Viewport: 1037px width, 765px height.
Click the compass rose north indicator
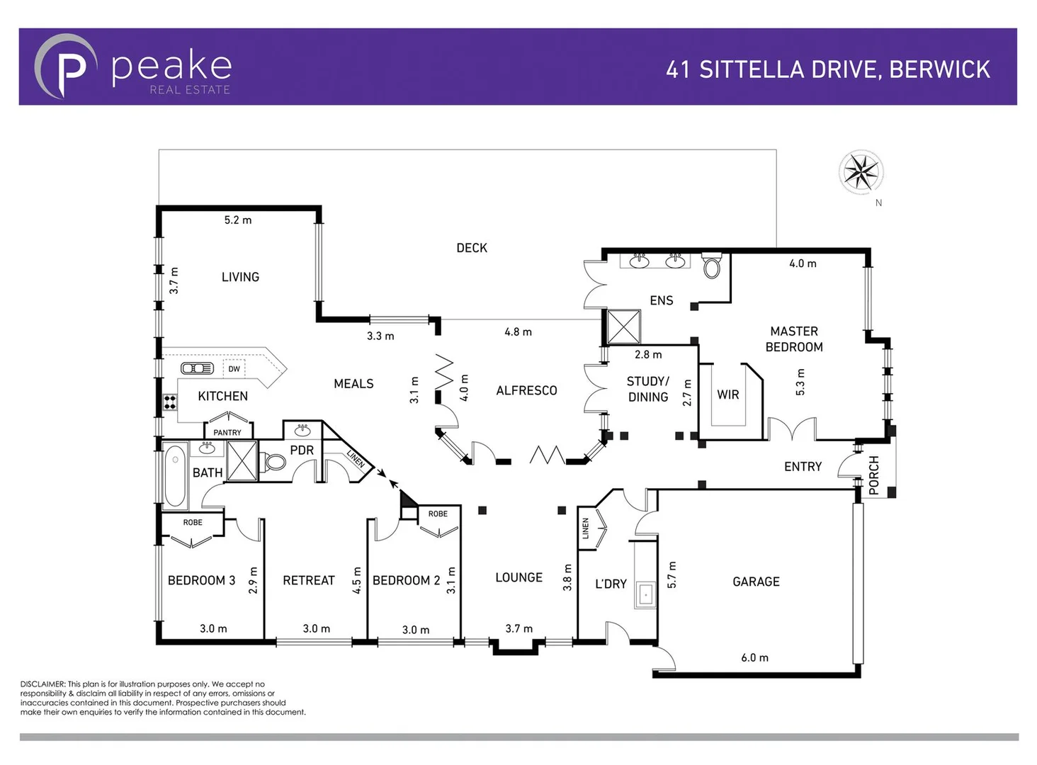click(x=861, y=172)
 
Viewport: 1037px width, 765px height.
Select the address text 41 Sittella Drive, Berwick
click(x=827, y=69)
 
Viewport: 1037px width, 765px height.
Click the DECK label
click(x=472, y=248)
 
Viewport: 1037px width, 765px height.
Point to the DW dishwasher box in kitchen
click(x=234, y=368)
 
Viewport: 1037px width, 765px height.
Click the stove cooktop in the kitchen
click(x=170, y=402)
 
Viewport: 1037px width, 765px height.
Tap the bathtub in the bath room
click(x=174, y=475)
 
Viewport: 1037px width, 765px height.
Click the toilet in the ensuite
click(x=712, y=267)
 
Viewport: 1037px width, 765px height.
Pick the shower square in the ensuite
click(x=623, y=327)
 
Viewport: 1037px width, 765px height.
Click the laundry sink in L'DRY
click(x=645, y=594)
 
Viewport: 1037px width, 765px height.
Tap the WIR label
click(x=727, y=395)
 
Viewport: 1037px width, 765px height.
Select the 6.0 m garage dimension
click(x=754, y=657)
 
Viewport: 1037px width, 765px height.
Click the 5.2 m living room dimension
click(x=238, y=220)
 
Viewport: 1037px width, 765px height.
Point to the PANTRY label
click(x=227, y=432)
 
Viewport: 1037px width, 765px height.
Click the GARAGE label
click(x=756, y=582)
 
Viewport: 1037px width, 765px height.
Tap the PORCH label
click(x=873, y=475)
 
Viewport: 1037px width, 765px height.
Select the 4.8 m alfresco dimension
click(x=518, y=331)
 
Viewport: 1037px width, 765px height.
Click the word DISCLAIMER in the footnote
click(x=42, y=684)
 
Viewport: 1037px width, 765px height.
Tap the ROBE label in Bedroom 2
click(x=438, y=514)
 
